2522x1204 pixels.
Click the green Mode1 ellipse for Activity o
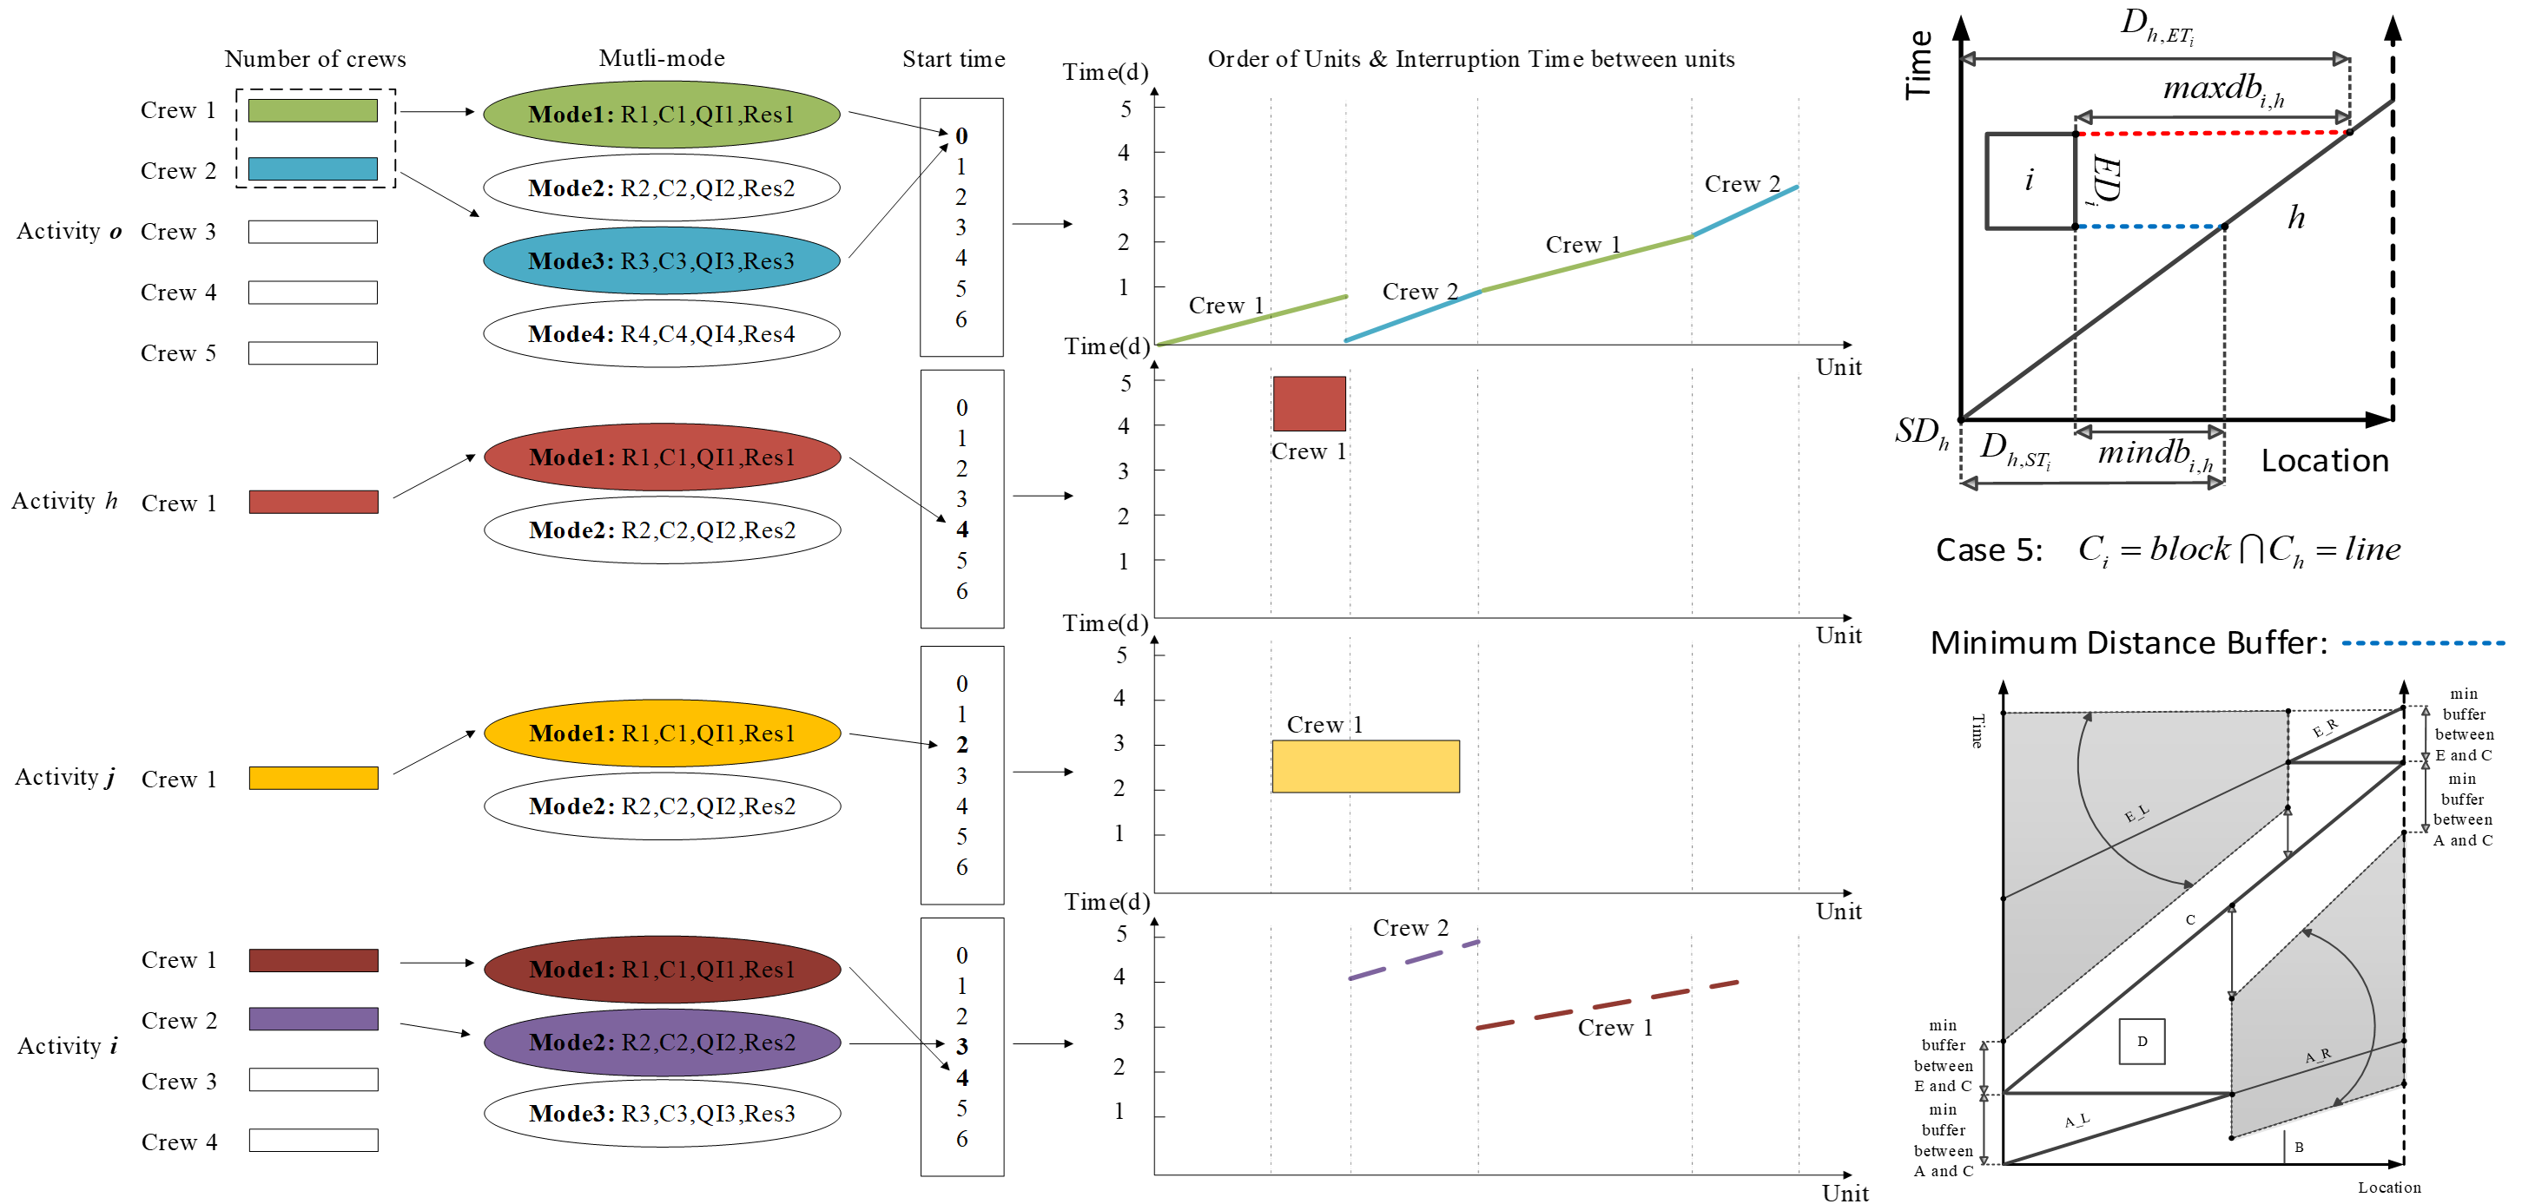[x=662, y=115]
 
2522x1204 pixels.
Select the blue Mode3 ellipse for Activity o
[x=662, y=260]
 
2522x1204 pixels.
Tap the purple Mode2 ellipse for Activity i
[x=662, y=1042]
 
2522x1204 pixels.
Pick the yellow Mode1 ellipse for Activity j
[x=662, y=734]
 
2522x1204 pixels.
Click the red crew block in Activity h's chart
[x=1309, y=404]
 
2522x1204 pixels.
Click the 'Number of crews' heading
[x=315, y=59]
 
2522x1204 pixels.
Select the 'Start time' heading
[x=953, y=59]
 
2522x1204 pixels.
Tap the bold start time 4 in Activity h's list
[x=961, y=530]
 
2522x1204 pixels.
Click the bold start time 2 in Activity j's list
[x=961, y=745]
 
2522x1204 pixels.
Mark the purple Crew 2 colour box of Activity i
[x=314, y=1019]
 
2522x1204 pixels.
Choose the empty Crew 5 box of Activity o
[x=314, y=352]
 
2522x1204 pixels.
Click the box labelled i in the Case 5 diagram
[x=2030, y=180]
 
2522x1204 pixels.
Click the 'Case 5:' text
[x=1989, y=550]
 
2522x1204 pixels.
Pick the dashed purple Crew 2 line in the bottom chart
[x=1413, y=960]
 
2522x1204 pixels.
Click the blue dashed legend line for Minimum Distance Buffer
[x=2422, y=643]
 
